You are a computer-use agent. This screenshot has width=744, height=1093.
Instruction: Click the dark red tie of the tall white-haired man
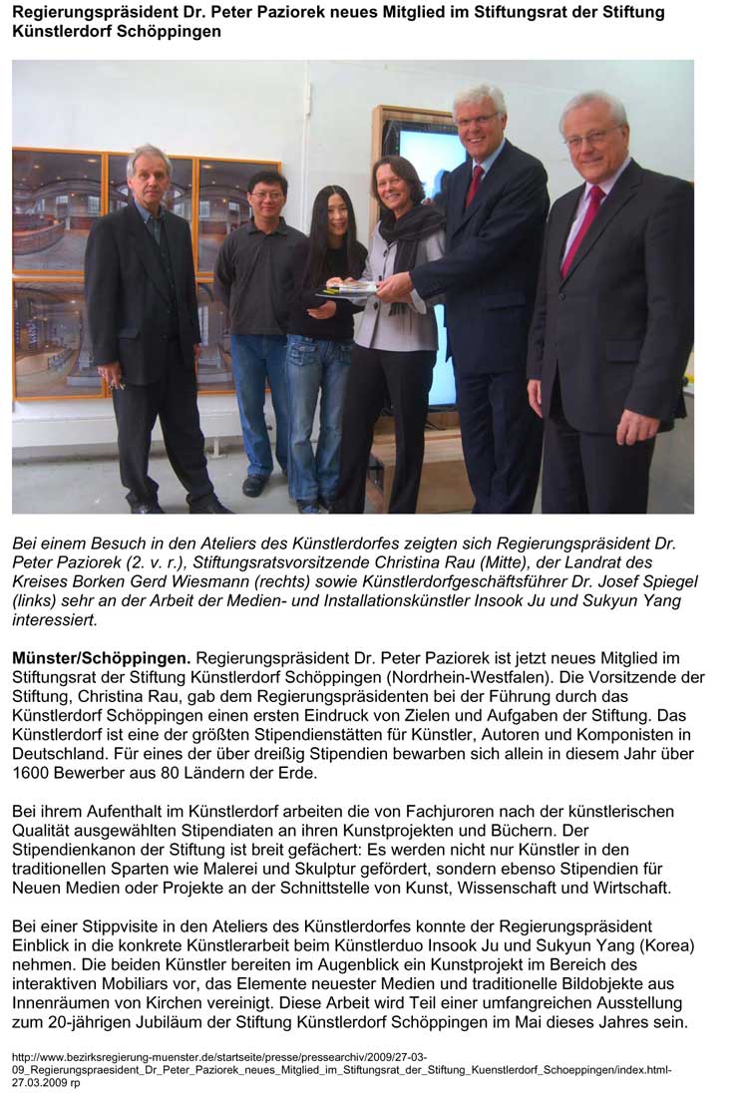click(476, 183)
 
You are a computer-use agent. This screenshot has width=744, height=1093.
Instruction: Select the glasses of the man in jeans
click(267, 195)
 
